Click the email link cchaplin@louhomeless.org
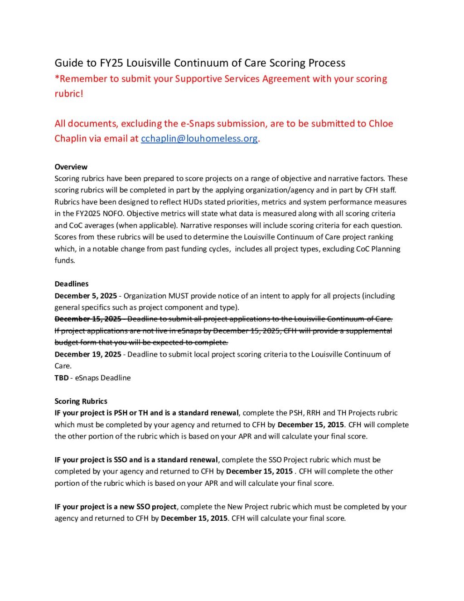(x=199, y=139)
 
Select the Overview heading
(x=71, y=167)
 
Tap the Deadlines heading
(x=72, y=284)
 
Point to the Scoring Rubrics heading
(x=81, y=401)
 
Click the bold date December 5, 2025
(x=86, y=296)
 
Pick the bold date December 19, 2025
(x=88, y=354)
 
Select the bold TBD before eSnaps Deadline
(x=62, y=378)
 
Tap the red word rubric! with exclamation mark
(x=69, y=94)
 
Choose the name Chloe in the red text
(x=381, y=124)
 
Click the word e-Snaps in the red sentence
(x=199, y=124)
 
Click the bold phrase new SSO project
(x=148, y=507)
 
